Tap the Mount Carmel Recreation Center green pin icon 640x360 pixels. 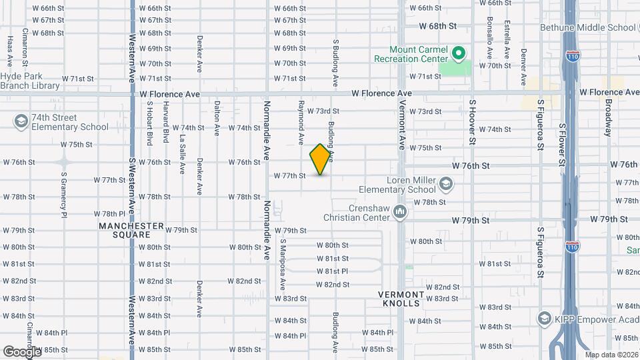pos(458,52)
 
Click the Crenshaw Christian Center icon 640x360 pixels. pos(400,211)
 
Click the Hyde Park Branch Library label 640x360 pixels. pos(30,81)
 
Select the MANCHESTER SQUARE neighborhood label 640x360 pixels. pos(131,230)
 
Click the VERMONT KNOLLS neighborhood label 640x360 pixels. pos(401,299)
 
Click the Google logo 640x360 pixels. pos(22,351)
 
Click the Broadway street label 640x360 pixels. pos(608,117)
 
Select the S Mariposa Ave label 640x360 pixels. pos(283,265)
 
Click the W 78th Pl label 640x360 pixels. pos(110,213)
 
